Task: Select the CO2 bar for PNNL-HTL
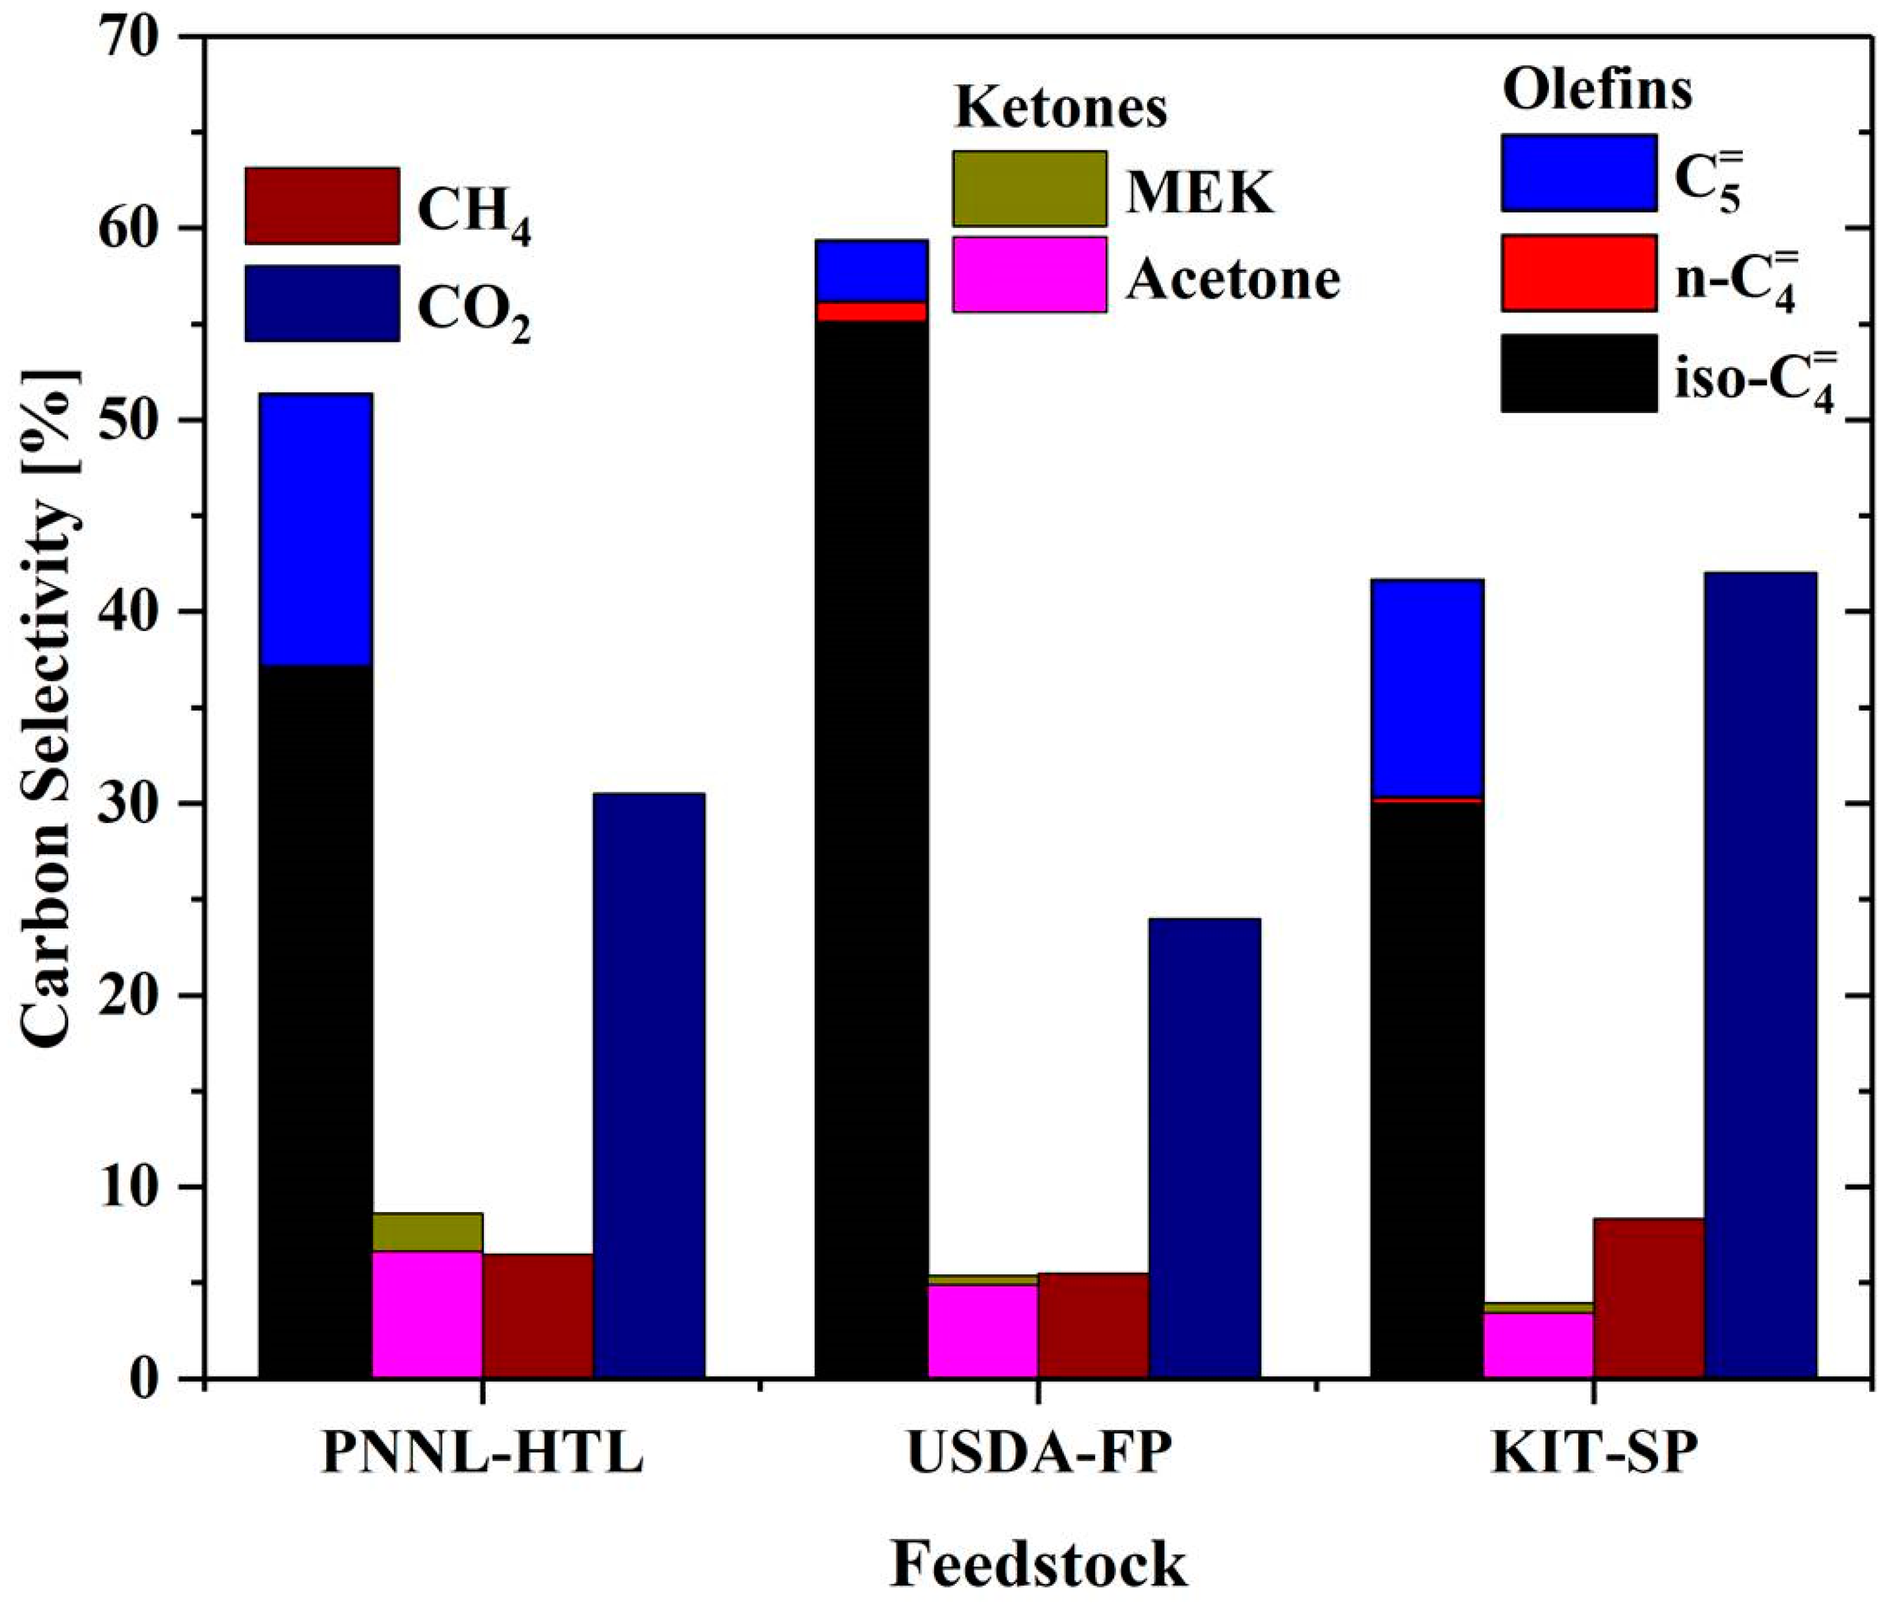pos(648,1085)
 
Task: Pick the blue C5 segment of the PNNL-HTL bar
pos(316,529)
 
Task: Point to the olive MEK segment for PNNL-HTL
pos(427,1232)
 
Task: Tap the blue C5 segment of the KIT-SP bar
pos(1427,688)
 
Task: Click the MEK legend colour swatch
pos(1029,189)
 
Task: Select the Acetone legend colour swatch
pos(1029,274)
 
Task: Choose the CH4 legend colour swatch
pos(322,206)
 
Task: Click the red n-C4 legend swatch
pos(1578,272)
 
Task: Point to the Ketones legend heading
pos(1060,108)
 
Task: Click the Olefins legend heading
pos(1597,91)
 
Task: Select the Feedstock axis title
pos(1038,1564)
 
